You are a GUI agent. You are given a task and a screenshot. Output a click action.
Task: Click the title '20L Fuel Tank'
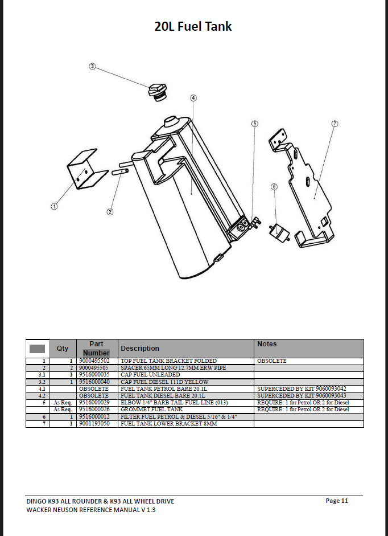(193, 26)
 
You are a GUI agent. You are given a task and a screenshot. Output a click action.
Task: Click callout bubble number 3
(92, 66)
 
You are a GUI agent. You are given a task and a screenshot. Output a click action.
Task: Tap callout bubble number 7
(335, 124)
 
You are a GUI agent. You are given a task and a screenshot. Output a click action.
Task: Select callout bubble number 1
(54, 206)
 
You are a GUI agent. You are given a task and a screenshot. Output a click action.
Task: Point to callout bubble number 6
(274, 187)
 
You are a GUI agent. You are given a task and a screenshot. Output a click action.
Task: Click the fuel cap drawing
(158, 92)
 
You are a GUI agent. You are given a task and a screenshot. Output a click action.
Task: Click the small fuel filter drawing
(279, 234)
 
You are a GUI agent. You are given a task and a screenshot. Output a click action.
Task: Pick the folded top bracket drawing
(88, 168)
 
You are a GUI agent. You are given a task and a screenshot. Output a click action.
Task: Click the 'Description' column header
(140, 349)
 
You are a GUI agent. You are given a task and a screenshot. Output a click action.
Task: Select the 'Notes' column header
(267, 344)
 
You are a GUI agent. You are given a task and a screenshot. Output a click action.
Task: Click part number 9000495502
(94, 361)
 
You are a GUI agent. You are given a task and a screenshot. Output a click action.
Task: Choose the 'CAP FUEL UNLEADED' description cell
(150, 375)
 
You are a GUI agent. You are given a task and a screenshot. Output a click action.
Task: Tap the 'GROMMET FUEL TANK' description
(152, 409)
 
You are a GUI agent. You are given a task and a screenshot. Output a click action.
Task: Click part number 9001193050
(94, 424)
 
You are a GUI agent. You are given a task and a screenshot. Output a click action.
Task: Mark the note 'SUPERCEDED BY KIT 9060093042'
(302, 388)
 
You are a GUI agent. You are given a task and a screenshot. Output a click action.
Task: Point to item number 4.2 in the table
(42, 396)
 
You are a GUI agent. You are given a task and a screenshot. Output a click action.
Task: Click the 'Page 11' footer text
(337, 501)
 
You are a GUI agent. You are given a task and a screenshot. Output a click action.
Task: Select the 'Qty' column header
(63, 349)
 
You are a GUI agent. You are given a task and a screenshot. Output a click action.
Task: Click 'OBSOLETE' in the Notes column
(272, 361)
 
